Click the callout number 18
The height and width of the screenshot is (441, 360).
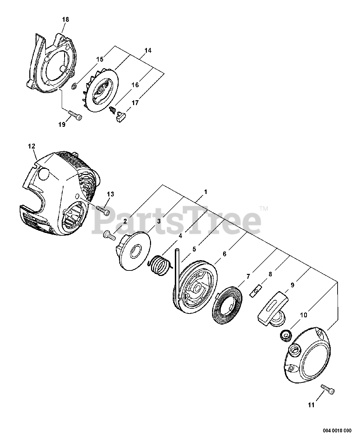[x=66, y=20]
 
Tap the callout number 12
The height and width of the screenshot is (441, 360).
[x=31, y=146]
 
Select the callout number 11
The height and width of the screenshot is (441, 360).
[x=311, y=405]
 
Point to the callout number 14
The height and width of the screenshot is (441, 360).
[x=148, y=51]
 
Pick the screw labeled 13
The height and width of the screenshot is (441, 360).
[x=103, y=209]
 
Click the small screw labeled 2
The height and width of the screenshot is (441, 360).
[x=108, y=235]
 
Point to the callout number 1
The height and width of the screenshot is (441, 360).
[x=205, y=192]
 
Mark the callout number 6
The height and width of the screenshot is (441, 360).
[x=224, y=254]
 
